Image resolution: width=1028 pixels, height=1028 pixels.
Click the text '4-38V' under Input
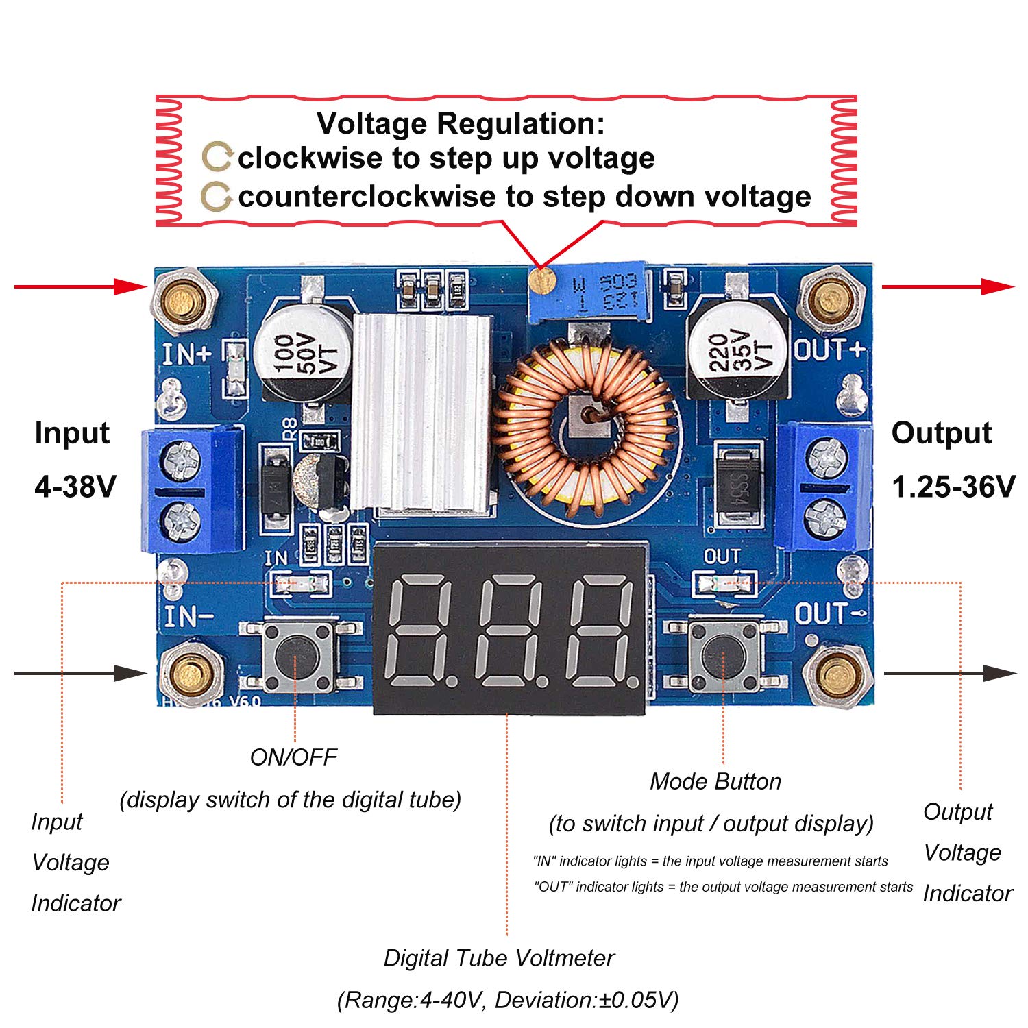(x=75, y=487)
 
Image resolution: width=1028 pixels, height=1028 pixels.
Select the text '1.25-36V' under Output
(x=953, y=487)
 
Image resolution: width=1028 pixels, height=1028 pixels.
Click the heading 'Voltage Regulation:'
(x=461, y=124)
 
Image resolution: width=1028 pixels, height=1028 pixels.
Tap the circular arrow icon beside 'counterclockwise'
(x=217, y=197)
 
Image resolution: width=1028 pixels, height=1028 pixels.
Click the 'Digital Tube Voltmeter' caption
(x=499, y=958)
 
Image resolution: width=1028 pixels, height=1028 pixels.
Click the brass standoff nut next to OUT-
(x=835, y=676)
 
